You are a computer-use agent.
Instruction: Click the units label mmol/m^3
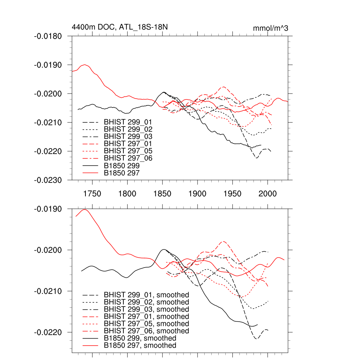tap(271, 28)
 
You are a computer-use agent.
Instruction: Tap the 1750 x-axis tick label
tap(92, 193)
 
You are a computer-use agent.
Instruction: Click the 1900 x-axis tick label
tap(197, 193)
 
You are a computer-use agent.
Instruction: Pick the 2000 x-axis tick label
tap(268, 193)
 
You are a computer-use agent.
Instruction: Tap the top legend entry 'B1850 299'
tap(122, 166)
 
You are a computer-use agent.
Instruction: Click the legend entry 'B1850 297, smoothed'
tap(140, 346)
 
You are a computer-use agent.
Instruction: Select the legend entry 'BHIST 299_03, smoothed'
tap(146, 309)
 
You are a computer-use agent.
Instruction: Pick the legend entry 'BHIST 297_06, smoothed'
tap(146, 331)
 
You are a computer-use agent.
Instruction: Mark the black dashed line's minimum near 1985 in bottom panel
tap(256, 339)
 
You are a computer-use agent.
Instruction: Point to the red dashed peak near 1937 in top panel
tap(224, 86)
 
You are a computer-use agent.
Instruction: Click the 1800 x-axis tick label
tap(127, 193)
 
